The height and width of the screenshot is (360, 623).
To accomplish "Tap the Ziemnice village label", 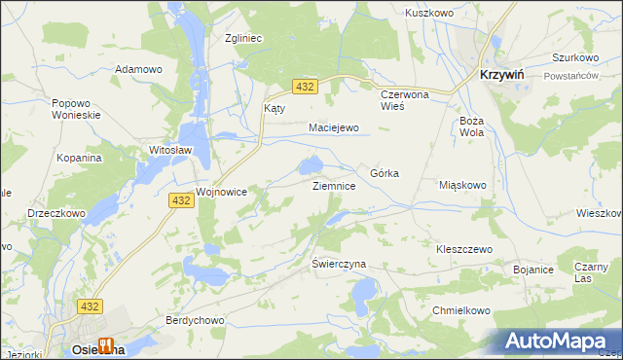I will [x=340, y=185].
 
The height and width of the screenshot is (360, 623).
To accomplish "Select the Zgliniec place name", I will [x=245, y=38].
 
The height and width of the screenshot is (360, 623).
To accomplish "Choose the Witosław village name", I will [x=171, y=151].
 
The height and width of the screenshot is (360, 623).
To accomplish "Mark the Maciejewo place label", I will [x=334, y=127].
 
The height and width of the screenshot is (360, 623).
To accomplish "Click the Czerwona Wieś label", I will [x=405, y=101].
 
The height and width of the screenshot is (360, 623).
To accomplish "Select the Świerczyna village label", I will [x=339, y=264].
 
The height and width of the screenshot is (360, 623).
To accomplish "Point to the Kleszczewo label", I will [x=464, y=249].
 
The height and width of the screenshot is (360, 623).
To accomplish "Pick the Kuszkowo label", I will [x=430, y=15].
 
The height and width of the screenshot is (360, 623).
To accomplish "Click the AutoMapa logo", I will [x=559, y=342].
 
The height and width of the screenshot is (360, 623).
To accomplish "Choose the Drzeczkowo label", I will [x=56, y=212].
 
